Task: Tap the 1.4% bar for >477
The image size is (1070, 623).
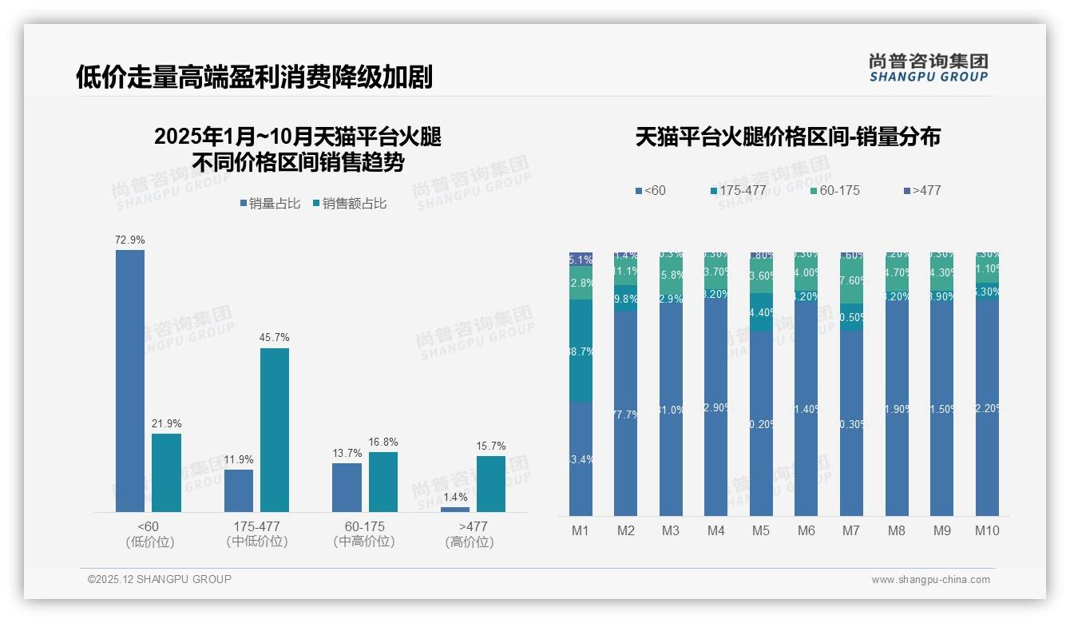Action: (455, 509)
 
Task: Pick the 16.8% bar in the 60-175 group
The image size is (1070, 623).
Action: (383, 482)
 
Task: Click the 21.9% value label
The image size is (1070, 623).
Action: (166, 423)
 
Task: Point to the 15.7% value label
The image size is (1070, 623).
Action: (491, 446)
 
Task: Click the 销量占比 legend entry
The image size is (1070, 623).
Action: (271, 204)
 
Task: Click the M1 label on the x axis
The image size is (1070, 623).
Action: (581, 530)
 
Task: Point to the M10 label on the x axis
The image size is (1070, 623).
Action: (987, 530)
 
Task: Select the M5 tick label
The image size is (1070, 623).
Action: (761, 530)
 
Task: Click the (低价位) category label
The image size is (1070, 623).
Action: (149, 542)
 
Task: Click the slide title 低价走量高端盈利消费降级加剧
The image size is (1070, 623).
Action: (254, 77)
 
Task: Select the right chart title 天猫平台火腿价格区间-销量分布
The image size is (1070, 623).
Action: (787, 137)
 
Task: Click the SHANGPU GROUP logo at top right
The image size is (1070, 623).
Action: (928, 68)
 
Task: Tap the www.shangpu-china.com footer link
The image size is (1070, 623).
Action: (930, 580)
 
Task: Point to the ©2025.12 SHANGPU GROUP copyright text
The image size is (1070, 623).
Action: (160, 579)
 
